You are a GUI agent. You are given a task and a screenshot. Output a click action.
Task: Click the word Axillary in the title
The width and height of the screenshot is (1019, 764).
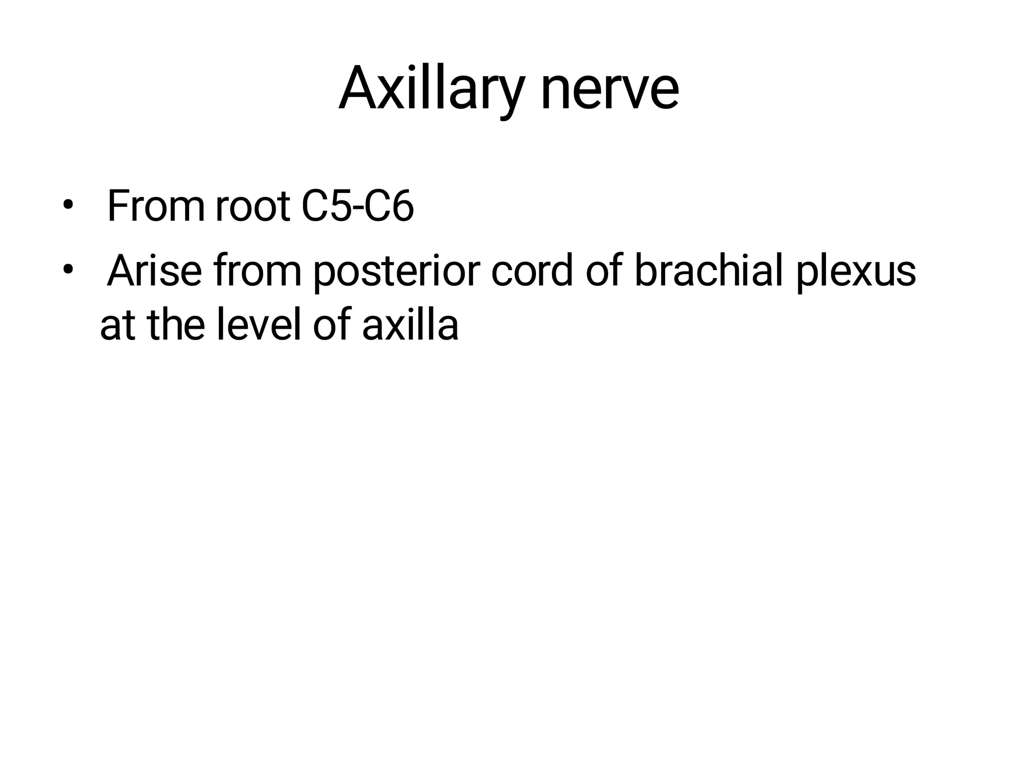click(x=431, y=90)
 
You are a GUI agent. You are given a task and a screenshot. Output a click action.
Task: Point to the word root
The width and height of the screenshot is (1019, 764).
click(x=253, y=206)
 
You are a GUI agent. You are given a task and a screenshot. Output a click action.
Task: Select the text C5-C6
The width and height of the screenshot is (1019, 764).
click(x=357, y=206)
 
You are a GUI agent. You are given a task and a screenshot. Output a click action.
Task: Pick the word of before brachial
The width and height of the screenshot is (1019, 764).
click(x=604, y=271)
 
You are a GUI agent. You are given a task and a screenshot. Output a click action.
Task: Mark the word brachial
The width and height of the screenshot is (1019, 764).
click(x=709, y=271)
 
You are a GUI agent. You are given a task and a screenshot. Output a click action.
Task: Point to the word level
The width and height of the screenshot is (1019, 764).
click(x=259, y=324)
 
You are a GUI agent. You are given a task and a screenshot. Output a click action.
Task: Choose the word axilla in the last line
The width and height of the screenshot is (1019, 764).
click(x=410, y=324)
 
